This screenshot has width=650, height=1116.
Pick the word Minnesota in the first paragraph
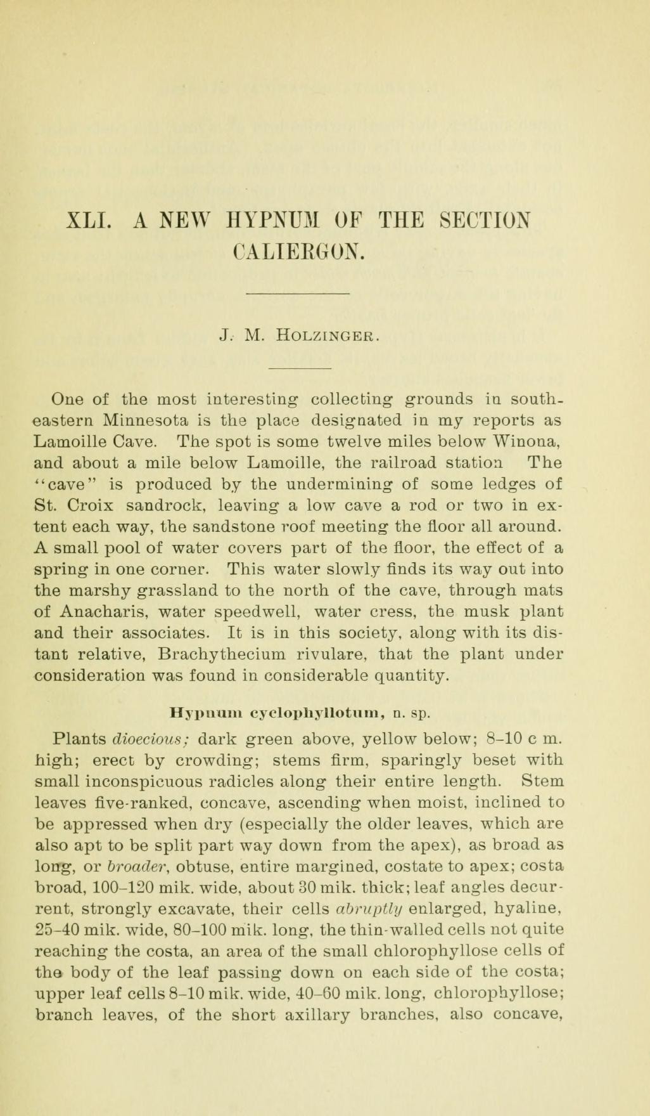(148, 420)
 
